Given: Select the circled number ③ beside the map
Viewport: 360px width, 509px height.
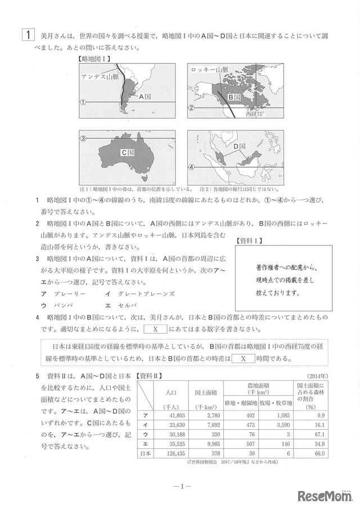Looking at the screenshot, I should coord(82,138).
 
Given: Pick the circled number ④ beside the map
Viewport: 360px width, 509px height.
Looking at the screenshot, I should coord(191,167).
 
